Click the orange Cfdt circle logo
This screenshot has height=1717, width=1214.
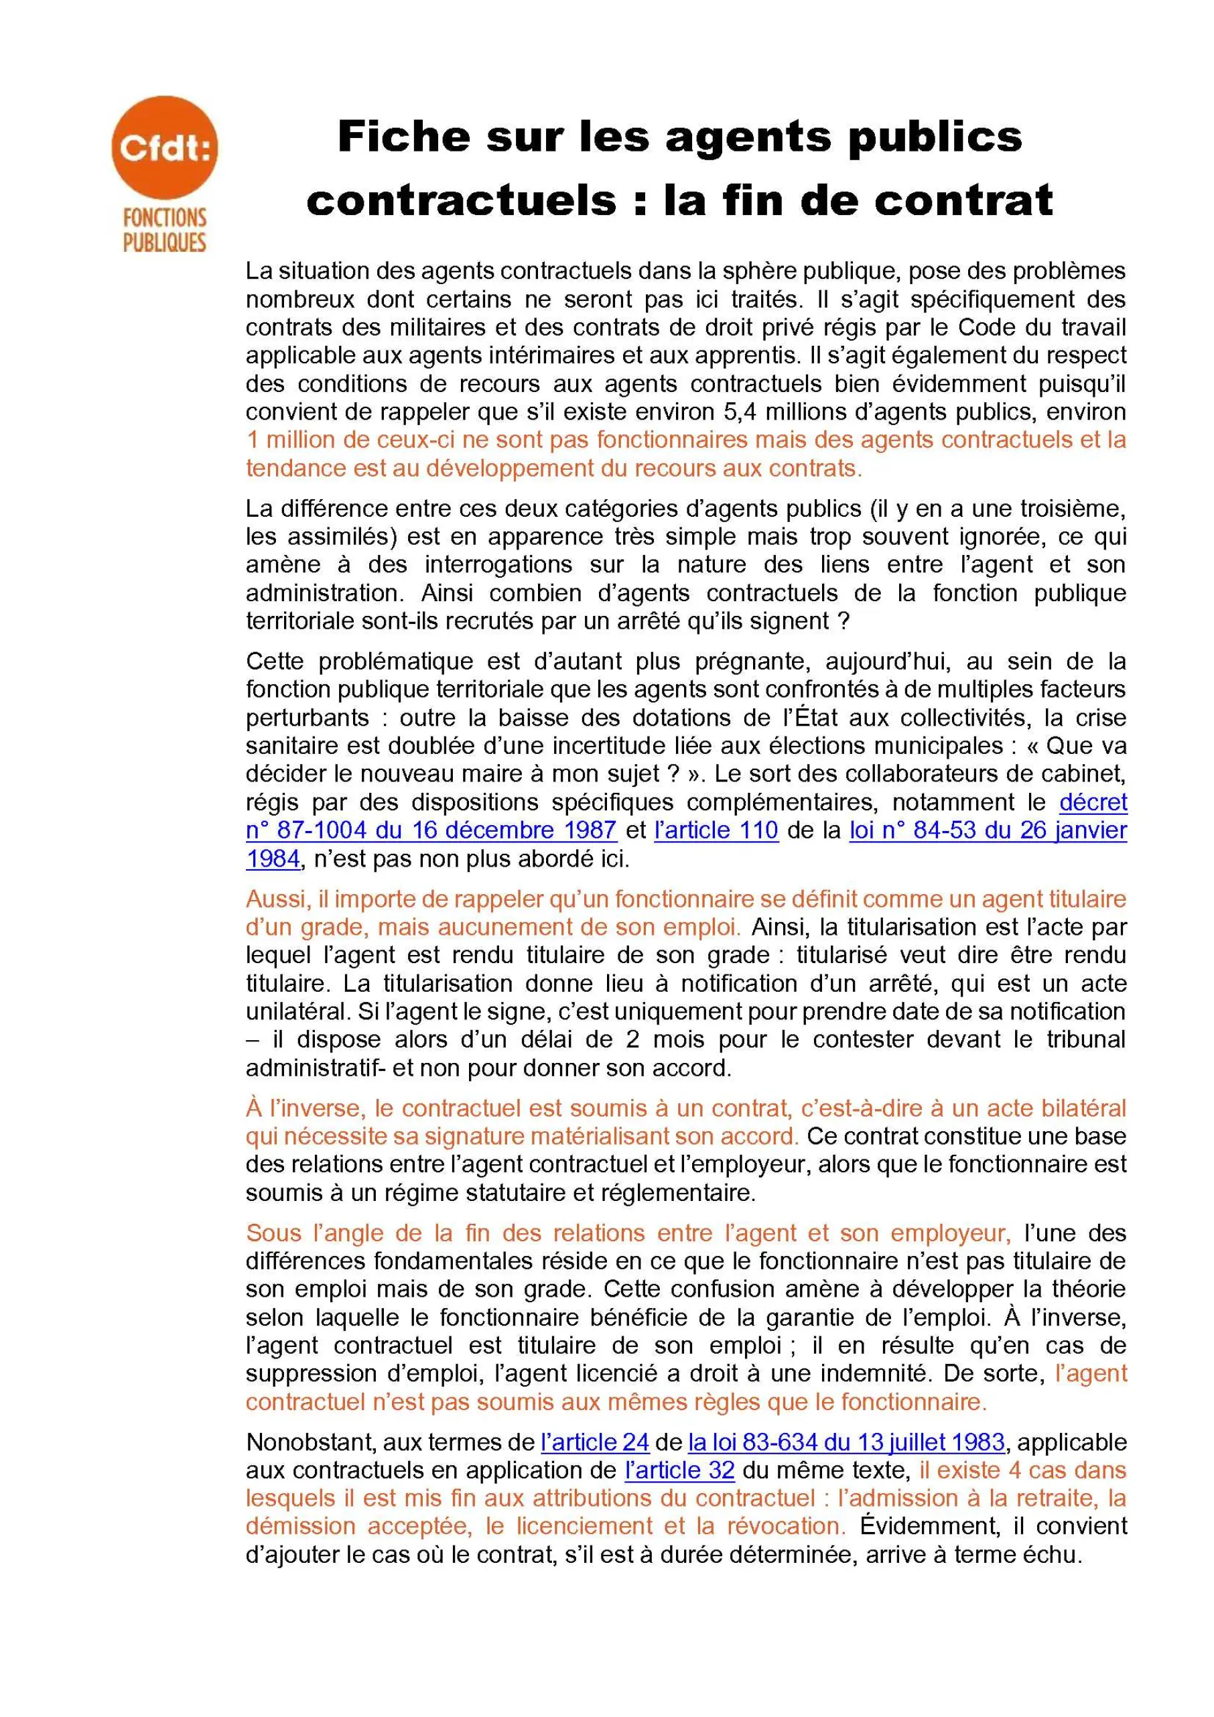point(164,147)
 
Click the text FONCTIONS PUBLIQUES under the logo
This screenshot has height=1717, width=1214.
point(164,231)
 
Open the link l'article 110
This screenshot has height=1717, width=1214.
point(716,830)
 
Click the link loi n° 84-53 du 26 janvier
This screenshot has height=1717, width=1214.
point(988,830)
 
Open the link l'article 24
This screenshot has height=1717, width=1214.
point(594,1442)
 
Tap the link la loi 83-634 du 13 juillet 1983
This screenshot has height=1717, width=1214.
point(846,1442)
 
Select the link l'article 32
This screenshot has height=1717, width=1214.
point(679,1470)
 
